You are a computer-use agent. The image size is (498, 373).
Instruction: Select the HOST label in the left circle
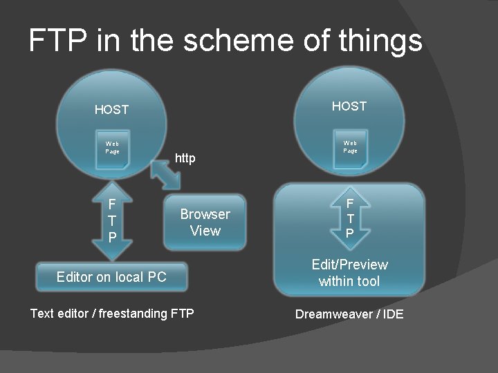[111, 110]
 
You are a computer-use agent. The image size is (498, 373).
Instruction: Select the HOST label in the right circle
[349, 106]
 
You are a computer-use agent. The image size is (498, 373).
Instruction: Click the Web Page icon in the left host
[112, 148]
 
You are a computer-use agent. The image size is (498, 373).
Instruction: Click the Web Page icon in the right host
[350, 147]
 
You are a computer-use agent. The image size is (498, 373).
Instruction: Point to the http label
[185, 159]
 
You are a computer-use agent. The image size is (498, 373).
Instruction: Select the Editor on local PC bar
[111, 277]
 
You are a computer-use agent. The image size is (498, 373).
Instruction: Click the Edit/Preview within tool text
[349, 273]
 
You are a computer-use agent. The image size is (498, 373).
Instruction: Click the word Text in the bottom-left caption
[42, 314]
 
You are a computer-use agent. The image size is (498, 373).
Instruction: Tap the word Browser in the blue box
[205, 214]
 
